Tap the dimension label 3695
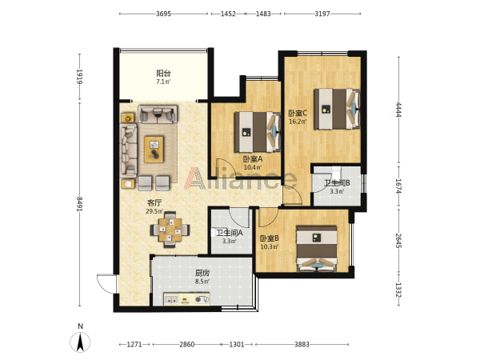(x=163, y=14)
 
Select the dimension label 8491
(x=79, y=203)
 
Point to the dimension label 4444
(x=398, y=110)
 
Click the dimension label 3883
(x=302, y=344)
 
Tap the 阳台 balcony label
(x=163, y=74)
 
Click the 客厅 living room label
(x=154, y=203)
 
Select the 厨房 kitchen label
(x=202, y=273)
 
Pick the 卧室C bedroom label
(x=298, y=114)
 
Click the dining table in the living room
(x=170, y=230)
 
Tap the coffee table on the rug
(x=154, y=150)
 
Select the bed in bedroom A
(x=258, y=132)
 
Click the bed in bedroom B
(x=317, y=249)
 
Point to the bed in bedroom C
(x=337, y=109)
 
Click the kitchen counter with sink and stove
(x=186, y=299)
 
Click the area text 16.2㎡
(x=298, y=122)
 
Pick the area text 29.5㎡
(x=154, y=211)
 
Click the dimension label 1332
(x=398, y=290)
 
